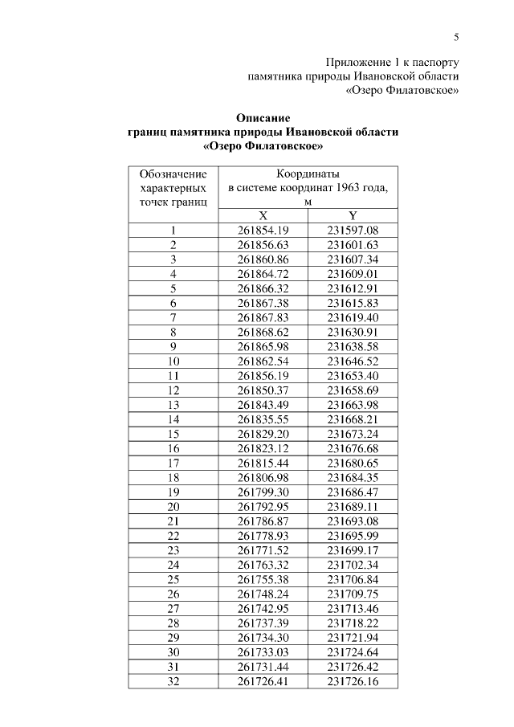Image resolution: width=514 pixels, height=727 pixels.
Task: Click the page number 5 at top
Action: (x=456, y=37)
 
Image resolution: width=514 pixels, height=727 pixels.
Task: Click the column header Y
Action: (x=353, y=215)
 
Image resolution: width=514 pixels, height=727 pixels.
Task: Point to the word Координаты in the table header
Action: (x=308, y=174)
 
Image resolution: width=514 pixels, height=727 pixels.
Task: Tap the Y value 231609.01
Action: (x=353, y=274)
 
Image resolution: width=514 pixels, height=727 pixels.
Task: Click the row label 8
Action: (x=173, y=332)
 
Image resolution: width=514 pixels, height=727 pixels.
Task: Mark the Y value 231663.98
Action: (x=353, y=404)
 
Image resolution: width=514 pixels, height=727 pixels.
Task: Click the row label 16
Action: (x=173, y=447)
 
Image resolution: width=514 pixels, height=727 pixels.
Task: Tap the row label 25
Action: (x=173, y=578)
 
